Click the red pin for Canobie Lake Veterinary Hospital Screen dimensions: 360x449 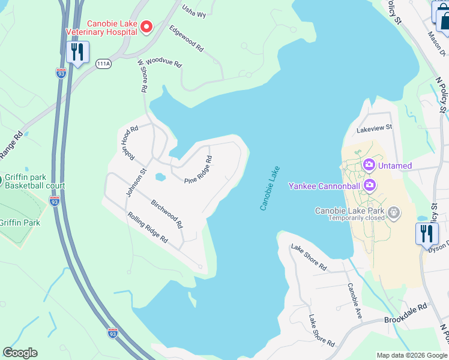[x=147, y=26]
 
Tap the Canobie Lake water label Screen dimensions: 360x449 [x=270, y=188]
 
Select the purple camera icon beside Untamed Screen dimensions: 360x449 [x=369, y=164]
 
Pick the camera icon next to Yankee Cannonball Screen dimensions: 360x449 [x=369, y=185]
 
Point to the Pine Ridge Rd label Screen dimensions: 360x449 [x=199, y=170]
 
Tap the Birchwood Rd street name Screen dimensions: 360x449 [x=167, y=214]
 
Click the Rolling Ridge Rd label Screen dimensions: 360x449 [x=147, y=227]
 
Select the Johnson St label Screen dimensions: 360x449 [x=136, y=181]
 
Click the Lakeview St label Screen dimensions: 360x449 [x=374, y=127]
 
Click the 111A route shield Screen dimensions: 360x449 [x=102, y=63]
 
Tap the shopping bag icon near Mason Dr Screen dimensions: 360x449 [x=443, y=20]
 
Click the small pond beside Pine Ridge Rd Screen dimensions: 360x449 [x=160, y=177]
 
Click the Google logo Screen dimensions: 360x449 [x=20, y=353]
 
